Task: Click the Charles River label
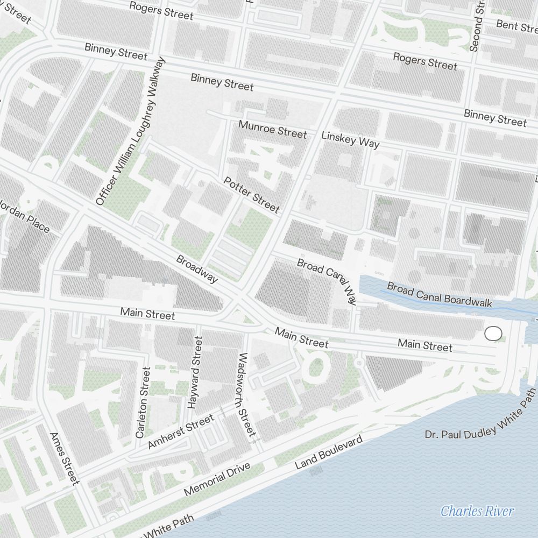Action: click(477, 511)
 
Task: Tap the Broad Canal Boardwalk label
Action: click(440, 295)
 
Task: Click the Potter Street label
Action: click(252, 194)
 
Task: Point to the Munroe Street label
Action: click(273, 129)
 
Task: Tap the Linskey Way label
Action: click(350, 139)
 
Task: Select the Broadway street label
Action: click(197, 268)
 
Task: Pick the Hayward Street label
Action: click(195, 372)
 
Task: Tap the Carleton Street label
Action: click(143, 401)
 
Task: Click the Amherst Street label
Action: click(180, 433)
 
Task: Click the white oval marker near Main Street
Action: click(493, 334)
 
